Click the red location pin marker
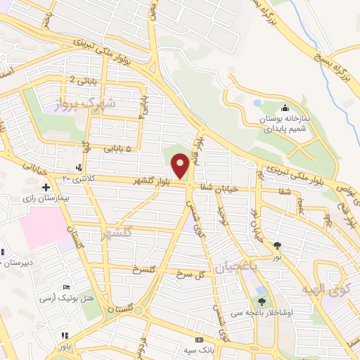[x=181, y=165]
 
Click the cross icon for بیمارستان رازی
[x=46, y=187]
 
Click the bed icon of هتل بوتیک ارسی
[x=67, y=288]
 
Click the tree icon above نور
[x=278, y=245]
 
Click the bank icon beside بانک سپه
[x=198, y=340]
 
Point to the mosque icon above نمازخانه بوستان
[x=285, y=108]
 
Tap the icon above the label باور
[x=65, y=335]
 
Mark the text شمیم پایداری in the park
[x=283, y=129]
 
